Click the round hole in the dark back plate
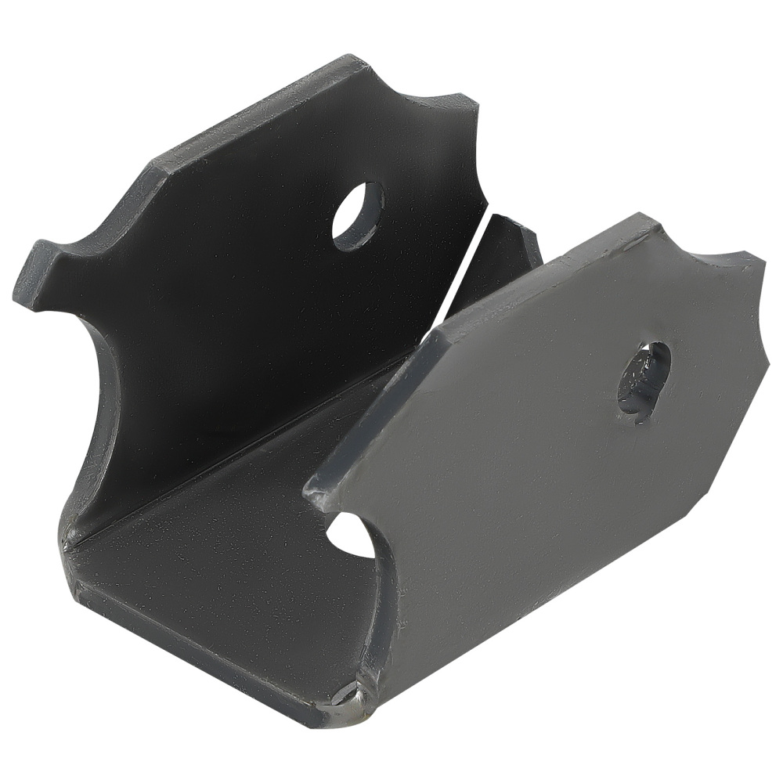tap(357, 216)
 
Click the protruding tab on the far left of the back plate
tap(35, 274)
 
